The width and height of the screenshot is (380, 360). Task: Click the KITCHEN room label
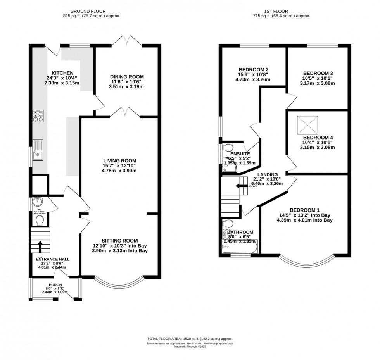point(62,73)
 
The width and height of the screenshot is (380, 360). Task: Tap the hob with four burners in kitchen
point(38,117)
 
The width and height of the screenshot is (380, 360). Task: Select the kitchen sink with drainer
point(38,150)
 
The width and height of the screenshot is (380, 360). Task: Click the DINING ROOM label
point(127,77)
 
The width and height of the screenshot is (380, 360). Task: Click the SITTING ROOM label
point(120,241)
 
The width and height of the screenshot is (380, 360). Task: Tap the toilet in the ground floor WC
point(39,220)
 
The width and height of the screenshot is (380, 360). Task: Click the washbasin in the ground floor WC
point(38,202)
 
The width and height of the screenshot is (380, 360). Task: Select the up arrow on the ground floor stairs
point(40,246)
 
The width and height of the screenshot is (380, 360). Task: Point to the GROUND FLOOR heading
point(92,12)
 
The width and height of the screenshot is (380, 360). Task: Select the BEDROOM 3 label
point(318,73)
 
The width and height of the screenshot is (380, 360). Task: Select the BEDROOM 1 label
point(304,210)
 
